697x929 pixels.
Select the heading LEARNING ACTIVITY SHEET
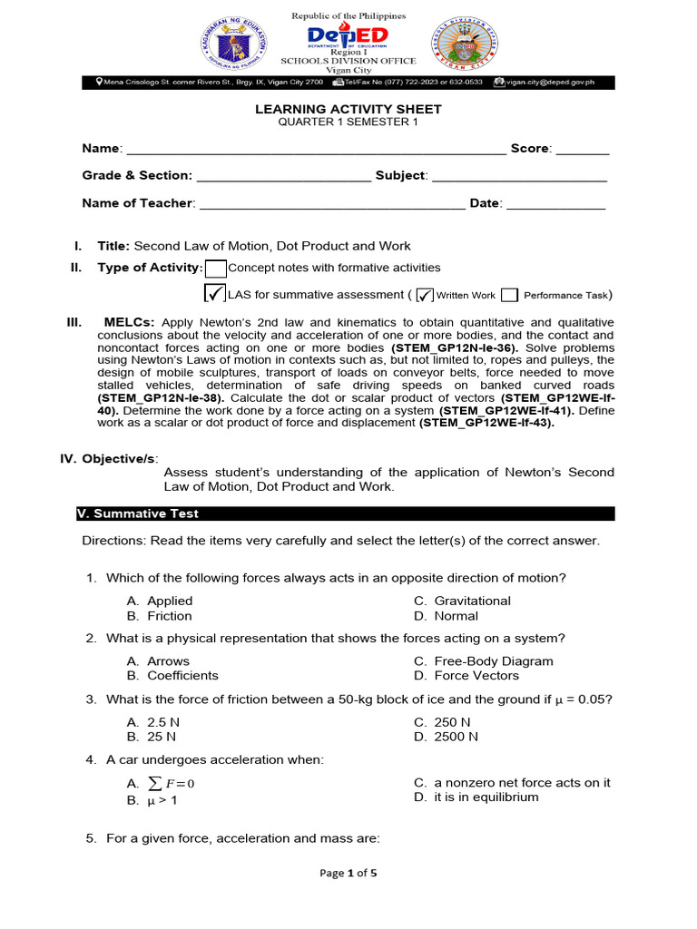pyautogui.click(x=348, y=109)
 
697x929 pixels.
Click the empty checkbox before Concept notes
pyautogui.click(x=215, y=269)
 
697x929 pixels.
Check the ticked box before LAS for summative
pyautogui.click(x=215, y=293)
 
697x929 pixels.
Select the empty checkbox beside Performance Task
pyautogui.click(x=509, y=295)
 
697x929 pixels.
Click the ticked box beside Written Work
pyautogui.click(x=424, y=295)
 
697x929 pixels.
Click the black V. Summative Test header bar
pyautogui.click(x=345, y=513)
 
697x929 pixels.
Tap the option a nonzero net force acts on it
pyautogui.click(x=512, y=782)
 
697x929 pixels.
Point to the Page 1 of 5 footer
pyautogui.click(x=348, y=873)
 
